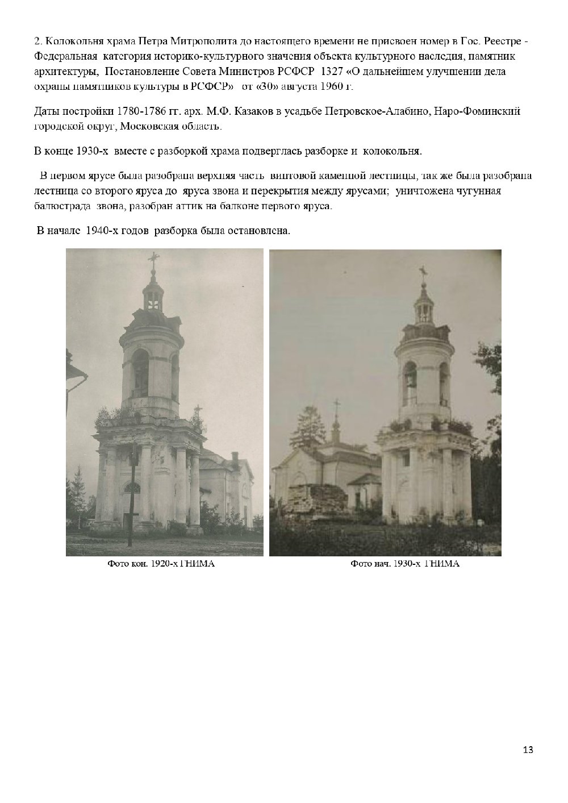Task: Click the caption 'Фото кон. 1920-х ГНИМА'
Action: coord(165,564)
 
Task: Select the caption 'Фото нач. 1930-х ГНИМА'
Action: coord(404,564)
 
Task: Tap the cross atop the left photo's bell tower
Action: coord(152,261)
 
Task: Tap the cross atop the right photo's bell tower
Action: coord(422,271)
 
